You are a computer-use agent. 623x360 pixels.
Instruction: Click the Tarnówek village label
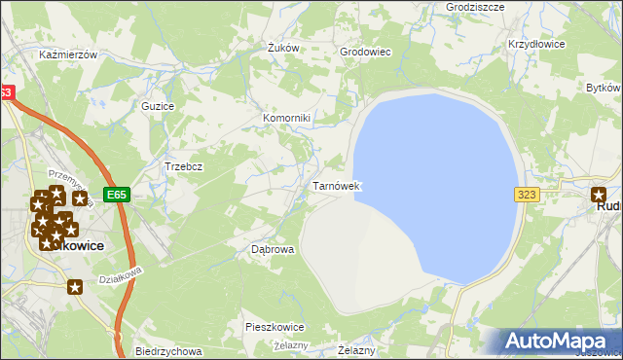(337, 185)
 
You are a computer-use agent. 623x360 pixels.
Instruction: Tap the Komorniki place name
(286, 119)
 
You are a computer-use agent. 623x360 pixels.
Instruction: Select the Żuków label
(282, 48)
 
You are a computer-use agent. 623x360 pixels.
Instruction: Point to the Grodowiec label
(365, 53)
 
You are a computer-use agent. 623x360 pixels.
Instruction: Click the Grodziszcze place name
(448, 6)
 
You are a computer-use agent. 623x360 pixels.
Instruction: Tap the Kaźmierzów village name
(68, 55)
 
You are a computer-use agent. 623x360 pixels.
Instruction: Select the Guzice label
(158, 106)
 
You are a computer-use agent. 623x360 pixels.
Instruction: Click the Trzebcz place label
(183, 166)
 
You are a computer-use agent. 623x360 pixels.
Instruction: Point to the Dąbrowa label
(273, 249)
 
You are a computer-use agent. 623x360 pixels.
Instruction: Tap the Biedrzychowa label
(168, 351)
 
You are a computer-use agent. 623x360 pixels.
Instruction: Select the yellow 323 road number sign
(527, 195)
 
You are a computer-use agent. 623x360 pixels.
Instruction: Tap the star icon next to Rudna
(599, 195)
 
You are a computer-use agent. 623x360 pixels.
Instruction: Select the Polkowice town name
(78, 246)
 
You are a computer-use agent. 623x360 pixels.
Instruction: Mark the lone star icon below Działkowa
(76, 286)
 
